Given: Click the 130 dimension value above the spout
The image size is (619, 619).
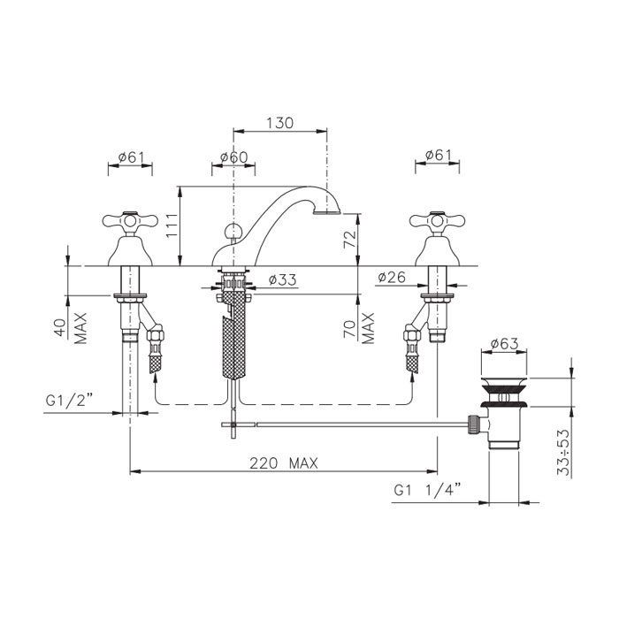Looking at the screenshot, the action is tap(280, 123).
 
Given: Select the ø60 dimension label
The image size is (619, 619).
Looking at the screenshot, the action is tap(233, 157).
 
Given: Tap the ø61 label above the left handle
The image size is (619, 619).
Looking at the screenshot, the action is tap(131, 157).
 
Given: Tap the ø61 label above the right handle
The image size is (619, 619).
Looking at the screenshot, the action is tap(439, 155).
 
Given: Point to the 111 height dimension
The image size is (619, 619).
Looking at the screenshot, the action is tap(172, 225).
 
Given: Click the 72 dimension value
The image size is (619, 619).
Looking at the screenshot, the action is tap(350, 239).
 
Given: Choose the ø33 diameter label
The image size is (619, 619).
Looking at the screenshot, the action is tap(282, 280).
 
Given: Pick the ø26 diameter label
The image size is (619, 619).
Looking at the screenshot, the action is tap(391, 277).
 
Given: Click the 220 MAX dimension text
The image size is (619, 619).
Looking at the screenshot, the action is tap(284, 462).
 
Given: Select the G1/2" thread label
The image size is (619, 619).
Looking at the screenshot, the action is tap(69, 401).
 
